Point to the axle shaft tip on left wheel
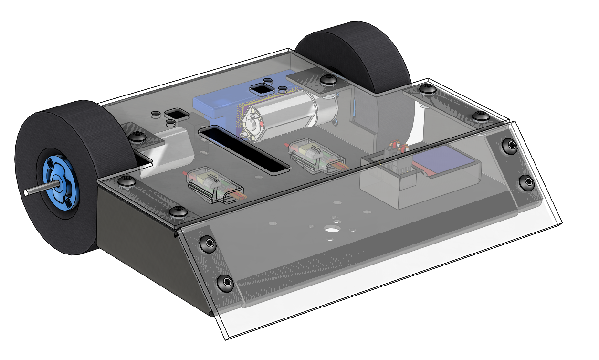(27, 192)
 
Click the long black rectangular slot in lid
(244, 150)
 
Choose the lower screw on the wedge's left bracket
(225, 283)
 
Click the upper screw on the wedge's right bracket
(510, 145)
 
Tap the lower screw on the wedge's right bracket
(526, 182)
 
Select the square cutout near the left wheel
(177, 114)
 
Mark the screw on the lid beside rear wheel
(327, 80)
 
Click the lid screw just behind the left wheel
(139, 137)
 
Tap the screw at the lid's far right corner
(479, 116)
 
